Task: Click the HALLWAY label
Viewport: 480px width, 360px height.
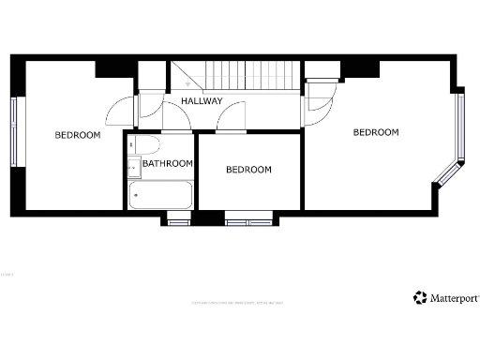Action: point(202,100)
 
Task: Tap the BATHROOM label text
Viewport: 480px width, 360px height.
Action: point(168,163)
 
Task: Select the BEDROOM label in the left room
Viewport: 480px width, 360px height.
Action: point(77,135)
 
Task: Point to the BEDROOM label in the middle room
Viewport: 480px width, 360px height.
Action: point(248,170)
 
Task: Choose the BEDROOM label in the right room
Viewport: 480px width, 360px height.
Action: point(375,132)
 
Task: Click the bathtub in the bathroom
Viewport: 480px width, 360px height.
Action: point(160,196)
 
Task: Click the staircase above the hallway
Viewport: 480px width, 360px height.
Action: point(234,75)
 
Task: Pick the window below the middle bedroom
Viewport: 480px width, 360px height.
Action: point(248,221)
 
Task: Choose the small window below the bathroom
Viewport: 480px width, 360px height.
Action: point(177,221)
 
